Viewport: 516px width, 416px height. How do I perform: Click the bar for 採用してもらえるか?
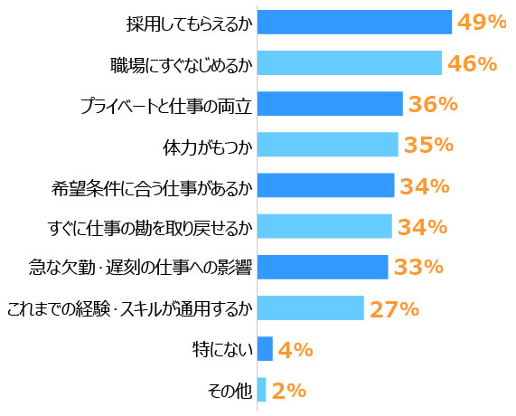pyautogui.click(x=354, y=22)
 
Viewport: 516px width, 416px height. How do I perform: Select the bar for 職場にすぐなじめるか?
pyautogui.click(x=350, y=62)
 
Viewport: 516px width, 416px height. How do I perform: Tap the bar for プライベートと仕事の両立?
pyautogui.click(x=330, y=104)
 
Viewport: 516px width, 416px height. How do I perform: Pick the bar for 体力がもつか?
pyautogui.click(x=327, y=145)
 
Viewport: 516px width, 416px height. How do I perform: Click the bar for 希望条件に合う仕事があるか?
pyautogui.click(x=325, y=185)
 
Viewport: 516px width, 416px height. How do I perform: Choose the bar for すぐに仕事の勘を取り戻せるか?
pyautogui.click(x=324, y=226)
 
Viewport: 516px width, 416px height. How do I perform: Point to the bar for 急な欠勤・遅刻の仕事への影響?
pyautogui.click(x=323, y=267)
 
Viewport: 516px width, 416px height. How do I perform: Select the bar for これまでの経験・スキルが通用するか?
pyautogui.click(x=310, y=308)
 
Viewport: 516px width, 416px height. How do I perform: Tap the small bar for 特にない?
pyautogui.click(x=265, y=349)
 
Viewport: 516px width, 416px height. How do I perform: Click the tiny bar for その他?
pyautogui.click(x=261, y=390)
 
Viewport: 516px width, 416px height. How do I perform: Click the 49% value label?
pyautogui.click(x=482, y=22)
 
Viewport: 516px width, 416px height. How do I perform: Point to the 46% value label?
pyautogui.click(x=472, y=63)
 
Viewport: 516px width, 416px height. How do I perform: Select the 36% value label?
pyautogui.click(x=433, y=104)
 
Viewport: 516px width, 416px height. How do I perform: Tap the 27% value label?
pyautogui.click(x=394, y=308)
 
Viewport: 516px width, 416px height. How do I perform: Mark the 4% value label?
pyautogui.click(x=296, y=349)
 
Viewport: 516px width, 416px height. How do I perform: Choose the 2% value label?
pyautogui.click(x=289, y=391)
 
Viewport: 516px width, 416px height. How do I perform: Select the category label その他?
pyautogui.click(x=230, y=391)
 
